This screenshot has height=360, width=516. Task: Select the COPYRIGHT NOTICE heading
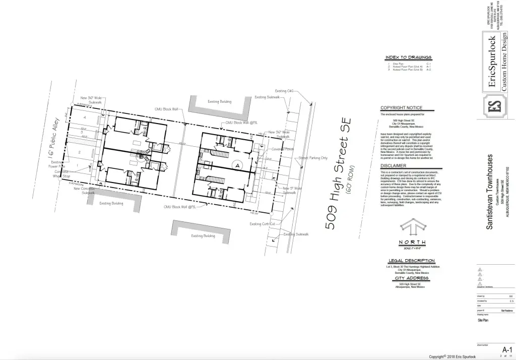[x=401, y=108]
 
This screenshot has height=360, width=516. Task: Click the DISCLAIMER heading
[x=394, y=165]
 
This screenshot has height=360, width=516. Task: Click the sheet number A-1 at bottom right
[x=506, y=349]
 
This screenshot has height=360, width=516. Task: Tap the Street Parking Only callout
[x=313, y=158]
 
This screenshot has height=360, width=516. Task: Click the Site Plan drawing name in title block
[x=483, y=320]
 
